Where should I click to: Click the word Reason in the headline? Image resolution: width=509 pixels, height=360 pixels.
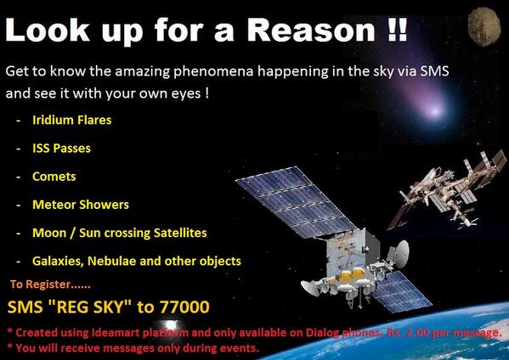311,30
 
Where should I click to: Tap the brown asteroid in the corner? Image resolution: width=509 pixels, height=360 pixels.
484,26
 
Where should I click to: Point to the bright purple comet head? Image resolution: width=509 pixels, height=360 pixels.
434,111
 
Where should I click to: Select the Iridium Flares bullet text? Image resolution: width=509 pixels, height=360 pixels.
71,120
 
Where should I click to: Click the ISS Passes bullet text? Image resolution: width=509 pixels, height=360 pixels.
61,149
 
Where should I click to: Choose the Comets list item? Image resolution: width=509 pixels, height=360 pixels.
54,177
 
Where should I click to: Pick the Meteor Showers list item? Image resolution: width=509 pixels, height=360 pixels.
81,205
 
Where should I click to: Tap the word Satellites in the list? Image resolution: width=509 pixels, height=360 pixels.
180,233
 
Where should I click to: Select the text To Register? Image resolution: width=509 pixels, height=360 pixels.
40,284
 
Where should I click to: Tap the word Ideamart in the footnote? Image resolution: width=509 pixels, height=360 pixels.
116,333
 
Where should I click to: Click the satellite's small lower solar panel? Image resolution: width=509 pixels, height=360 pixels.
402,292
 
